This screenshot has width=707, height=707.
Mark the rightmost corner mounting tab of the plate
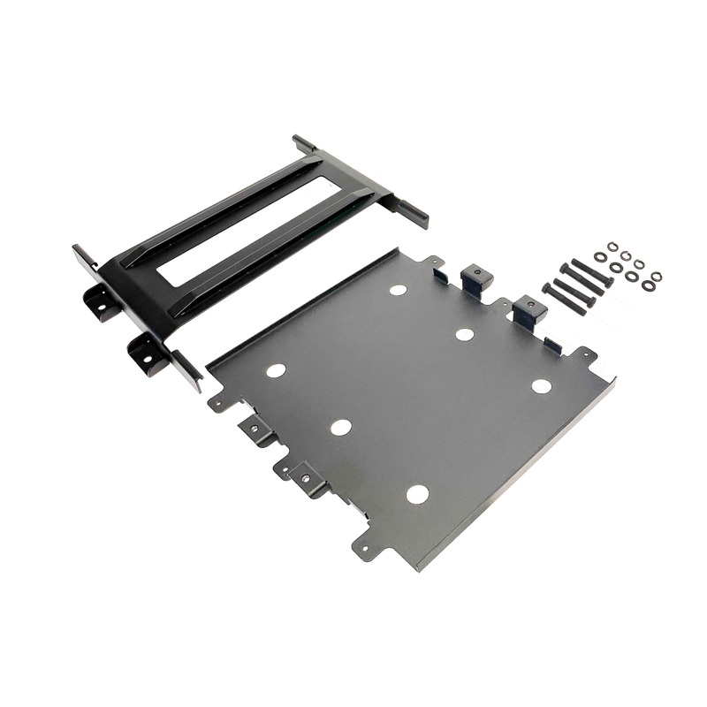598,364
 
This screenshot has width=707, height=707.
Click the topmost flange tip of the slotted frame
299,139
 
